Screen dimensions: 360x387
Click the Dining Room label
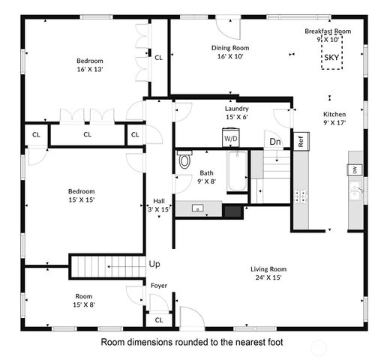(x=230, y=48)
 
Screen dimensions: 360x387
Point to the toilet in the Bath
(x=184, y=160)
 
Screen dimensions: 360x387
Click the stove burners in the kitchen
(x=301, y=196)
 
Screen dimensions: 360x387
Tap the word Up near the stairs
(x=154, y=264)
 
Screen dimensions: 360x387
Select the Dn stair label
(x=275, y=141)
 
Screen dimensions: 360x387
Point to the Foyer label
(x=159, y=286)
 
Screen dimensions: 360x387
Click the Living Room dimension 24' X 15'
(x=268, y=277)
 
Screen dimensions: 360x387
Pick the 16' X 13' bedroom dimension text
(x=88, y=69)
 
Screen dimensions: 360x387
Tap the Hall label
(x=159, y=201)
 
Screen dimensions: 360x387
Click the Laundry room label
(x=236, y=108)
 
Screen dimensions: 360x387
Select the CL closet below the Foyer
(x=159, y=320)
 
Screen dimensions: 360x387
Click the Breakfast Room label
(x=328, y=31)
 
